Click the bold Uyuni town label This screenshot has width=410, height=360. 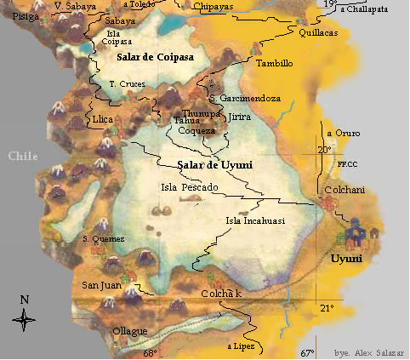pos(346,258)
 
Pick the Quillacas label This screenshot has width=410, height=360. pos(318,32)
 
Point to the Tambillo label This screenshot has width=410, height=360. pos(274,63)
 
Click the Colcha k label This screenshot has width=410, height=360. pos(221,294)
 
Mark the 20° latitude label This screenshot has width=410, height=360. pos(324,150)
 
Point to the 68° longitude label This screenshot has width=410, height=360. pos(150,352)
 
